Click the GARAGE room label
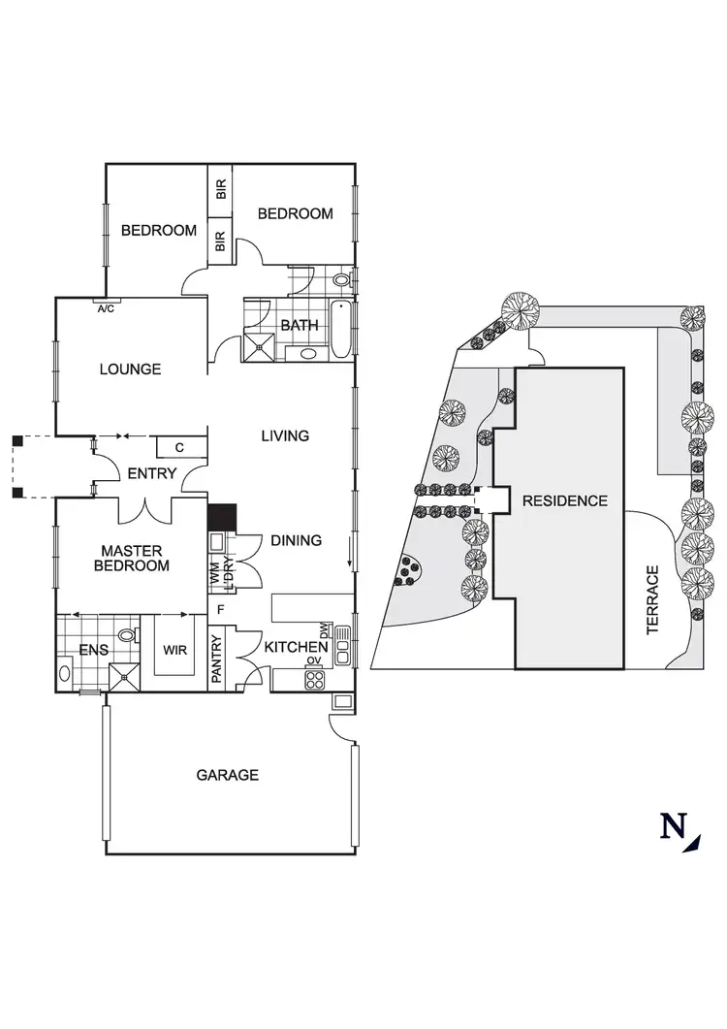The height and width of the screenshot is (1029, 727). tap(228, 775)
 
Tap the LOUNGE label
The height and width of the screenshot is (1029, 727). tap(130, 370)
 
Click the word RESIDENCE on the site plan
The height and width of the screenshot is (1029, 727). tap(564, 501)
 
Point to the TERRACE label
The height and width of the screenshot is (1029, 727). tap(652, 600)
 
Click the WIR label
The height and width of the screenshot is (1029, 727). tap(174, 649)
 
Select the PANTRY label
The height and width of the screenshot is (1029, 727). tap(217, 659)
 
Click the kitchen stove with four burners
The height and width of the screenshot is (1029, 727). tap(314, 679)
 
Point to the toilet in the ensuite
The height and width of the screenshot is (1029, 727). tap(126, 637)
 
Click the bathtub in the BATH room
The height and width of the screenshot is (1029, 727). tap(341, 330)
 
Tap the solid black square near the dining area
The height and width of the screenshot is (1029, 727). tap(222, 516)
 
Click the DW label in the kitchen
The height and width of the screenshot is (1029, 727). tap(327, 630)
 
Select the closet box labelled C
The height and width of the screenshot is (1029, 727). tap(180, 447)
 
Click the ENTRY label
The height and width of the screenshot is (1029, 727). tap(152, 473)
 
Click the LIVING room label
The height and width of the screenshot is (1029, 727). tap(285, 436)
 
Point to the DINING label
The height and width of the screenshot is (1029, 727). tap(296, 540)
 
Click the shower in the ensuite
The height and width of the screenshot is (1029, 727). tap(123, 674)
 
